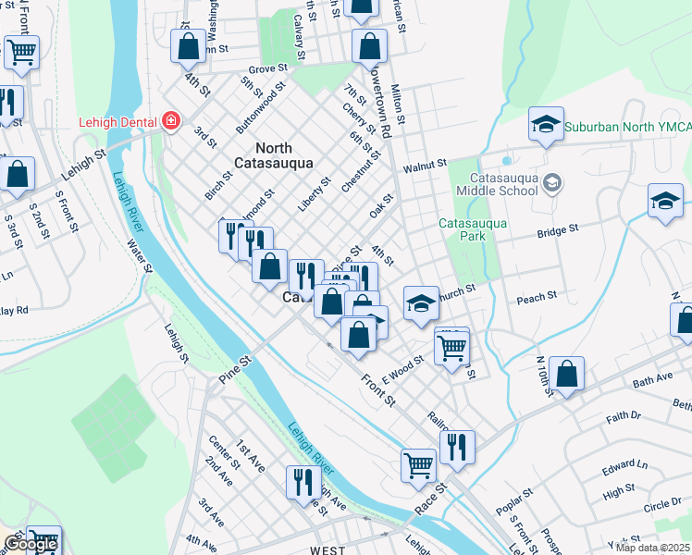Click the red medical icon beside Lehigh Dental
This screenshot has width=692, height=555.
pyautogui.click(x=169, y=121)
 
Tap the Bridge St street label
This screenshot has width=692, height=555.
pyautogui.click(x=560, y=228)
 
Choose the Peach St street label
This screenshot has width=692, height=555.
pyautogui.click(x=537, y=297)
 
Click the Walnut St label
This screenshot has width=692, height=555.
pyautogui.click(x=426, y=167)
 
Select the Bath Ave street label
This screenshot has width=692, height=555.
pyautogui.click(x=653, y=379)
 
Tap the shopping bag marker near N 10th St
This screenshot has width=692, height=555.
pyautogui.click(x=567, y=375)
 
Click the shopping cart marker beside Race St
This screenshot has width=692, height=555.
pyautogui.click(x=418, y=464)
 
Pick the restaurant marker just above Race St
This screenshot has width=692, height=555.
pyautogui.click(x=456, y=447)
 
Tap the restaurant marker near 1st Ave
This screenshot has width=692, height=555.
pyautogui.click(x=303, y=482)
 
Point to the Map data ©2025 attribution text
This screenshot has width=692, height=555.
pyautogui.click(x=651, y=548)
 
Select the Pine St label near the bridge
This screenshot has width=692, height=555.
pyautogui.click(x=235, y=366)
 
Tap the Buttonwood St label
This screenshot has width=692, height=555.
pyautogui.click(x=256, y=109)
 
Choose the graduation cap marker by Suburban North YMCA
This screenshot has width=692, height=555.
pyautogui.click(x=546, y=124)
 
